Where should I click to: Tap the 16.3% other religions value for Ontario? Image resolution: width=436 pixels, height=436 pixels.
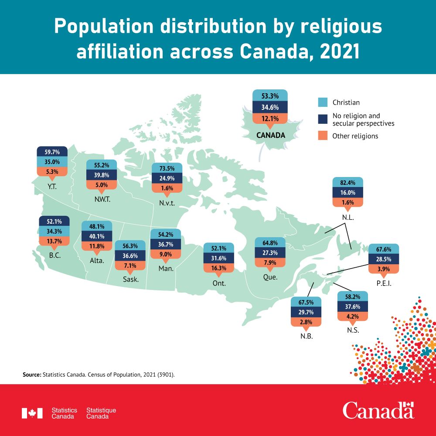[x=219, y=268]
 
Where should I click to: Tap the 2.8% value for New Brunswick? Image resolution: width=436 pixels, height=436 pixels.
[x=306, y=322]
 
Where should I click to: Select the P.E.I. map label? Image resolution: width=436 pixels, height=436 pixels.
[x=384, y=283]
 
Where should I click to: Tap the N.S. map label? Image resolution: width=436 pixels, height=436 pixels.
[x=353, y=330]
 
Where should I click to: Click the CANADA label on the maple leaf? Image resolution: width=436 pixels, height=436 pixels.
[x=270, y=135]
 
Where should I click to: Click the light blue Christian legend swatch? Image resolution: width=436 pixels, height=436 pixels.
[x=323, y=102]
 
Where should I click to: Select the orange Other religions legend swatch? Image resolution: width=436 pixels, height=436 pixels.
[x=323, y=136]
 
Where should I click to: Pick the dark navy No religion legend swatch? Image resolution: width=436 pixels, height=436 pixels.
[x=323, y=119]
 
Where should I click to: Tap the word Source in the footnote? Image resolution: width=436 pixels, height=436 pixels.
[x=31, y=375]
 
